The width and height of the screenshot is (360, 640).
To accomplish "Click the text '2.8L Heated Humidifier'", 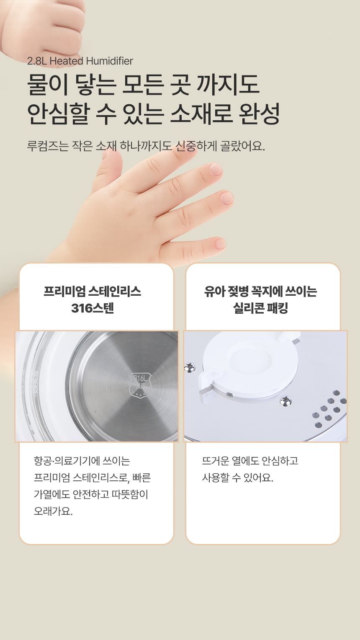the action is [x=80, y=61].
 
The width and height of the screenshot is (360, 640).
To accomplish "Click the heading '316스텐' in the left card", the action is [x=93, y=308].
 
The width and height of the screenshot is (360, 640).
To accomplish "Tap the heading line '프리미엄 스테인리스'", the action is [x=93, y=291].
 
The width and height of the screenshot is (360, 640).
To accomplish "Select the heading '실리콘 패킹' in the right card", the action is [x=260, y=308].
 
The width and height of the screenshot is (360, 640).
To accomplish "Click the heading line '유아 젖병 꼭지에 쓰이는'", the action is [x=260, y=291].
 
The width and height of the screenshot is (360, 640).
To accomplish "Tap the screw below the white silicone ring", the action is [x=285, y=401].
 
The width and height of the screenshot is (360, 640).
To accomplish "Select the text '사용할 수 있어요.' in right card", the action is [x=237, y=477].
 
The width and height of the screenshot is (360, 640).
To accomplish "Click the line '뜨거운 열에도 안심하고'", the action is [x=250, y=461].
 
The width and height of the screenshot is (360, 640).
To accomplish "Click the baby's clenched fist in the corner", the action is [x=43, y=28].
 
